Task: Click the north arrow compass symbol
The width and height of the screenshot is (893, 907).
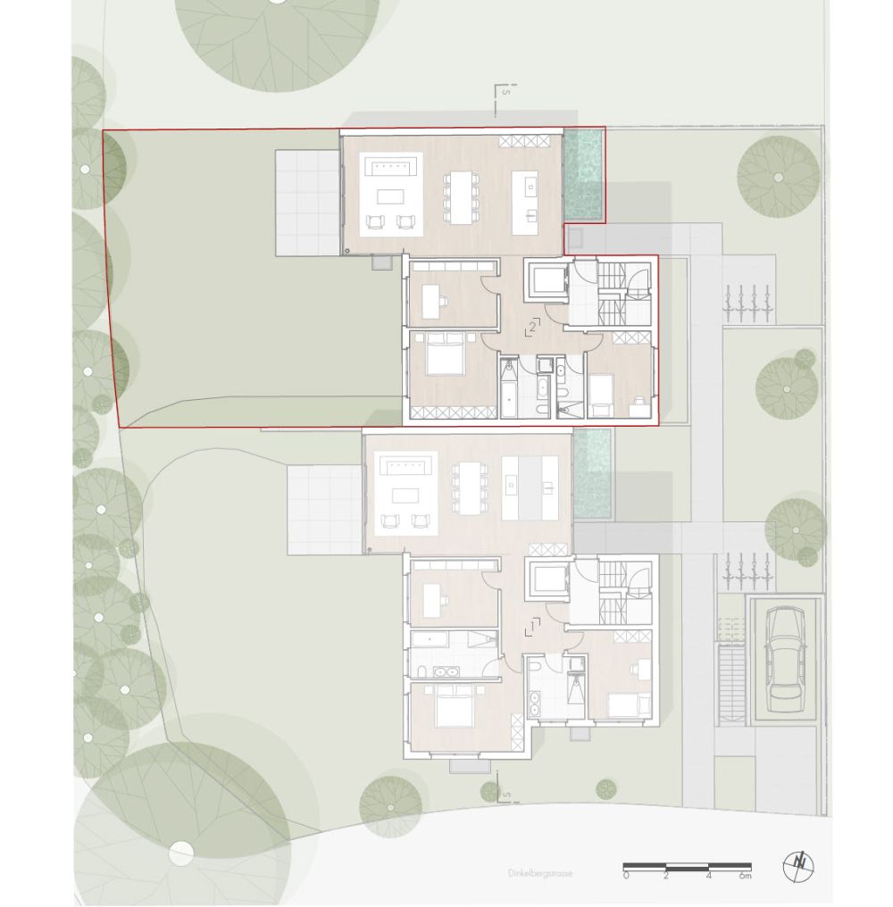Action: point(798,866)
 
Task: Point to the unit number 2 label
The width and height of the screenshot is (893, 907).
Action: point(531,328)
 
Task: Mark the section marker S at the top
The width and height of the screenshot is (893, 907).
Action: point(505,92)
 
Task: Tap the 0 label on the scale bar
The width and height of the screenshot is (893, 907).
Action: point(626,877)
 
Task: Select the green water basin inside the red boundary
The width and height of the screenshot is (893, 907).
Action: point(584,175)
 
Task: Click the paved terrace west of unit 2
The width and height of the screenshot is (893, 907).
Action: point(307,203)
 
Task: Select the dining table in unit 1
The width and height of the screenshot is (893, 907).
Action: point(468,487)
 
